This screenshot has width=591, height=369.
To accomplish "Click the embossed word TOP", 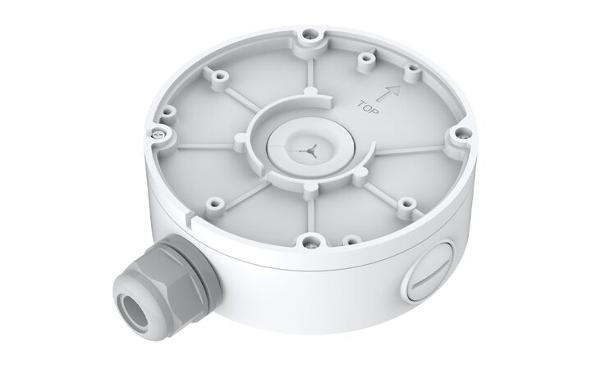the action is [368, 107].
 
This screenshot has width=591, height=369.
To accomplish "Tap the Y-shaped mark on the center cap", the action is [309, 151].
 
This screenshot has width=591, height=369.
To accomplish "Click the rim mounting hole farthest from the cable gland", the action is [309, 35].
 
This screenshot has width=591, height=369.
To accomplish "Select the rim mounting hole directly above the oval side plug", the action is [459, 133].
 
